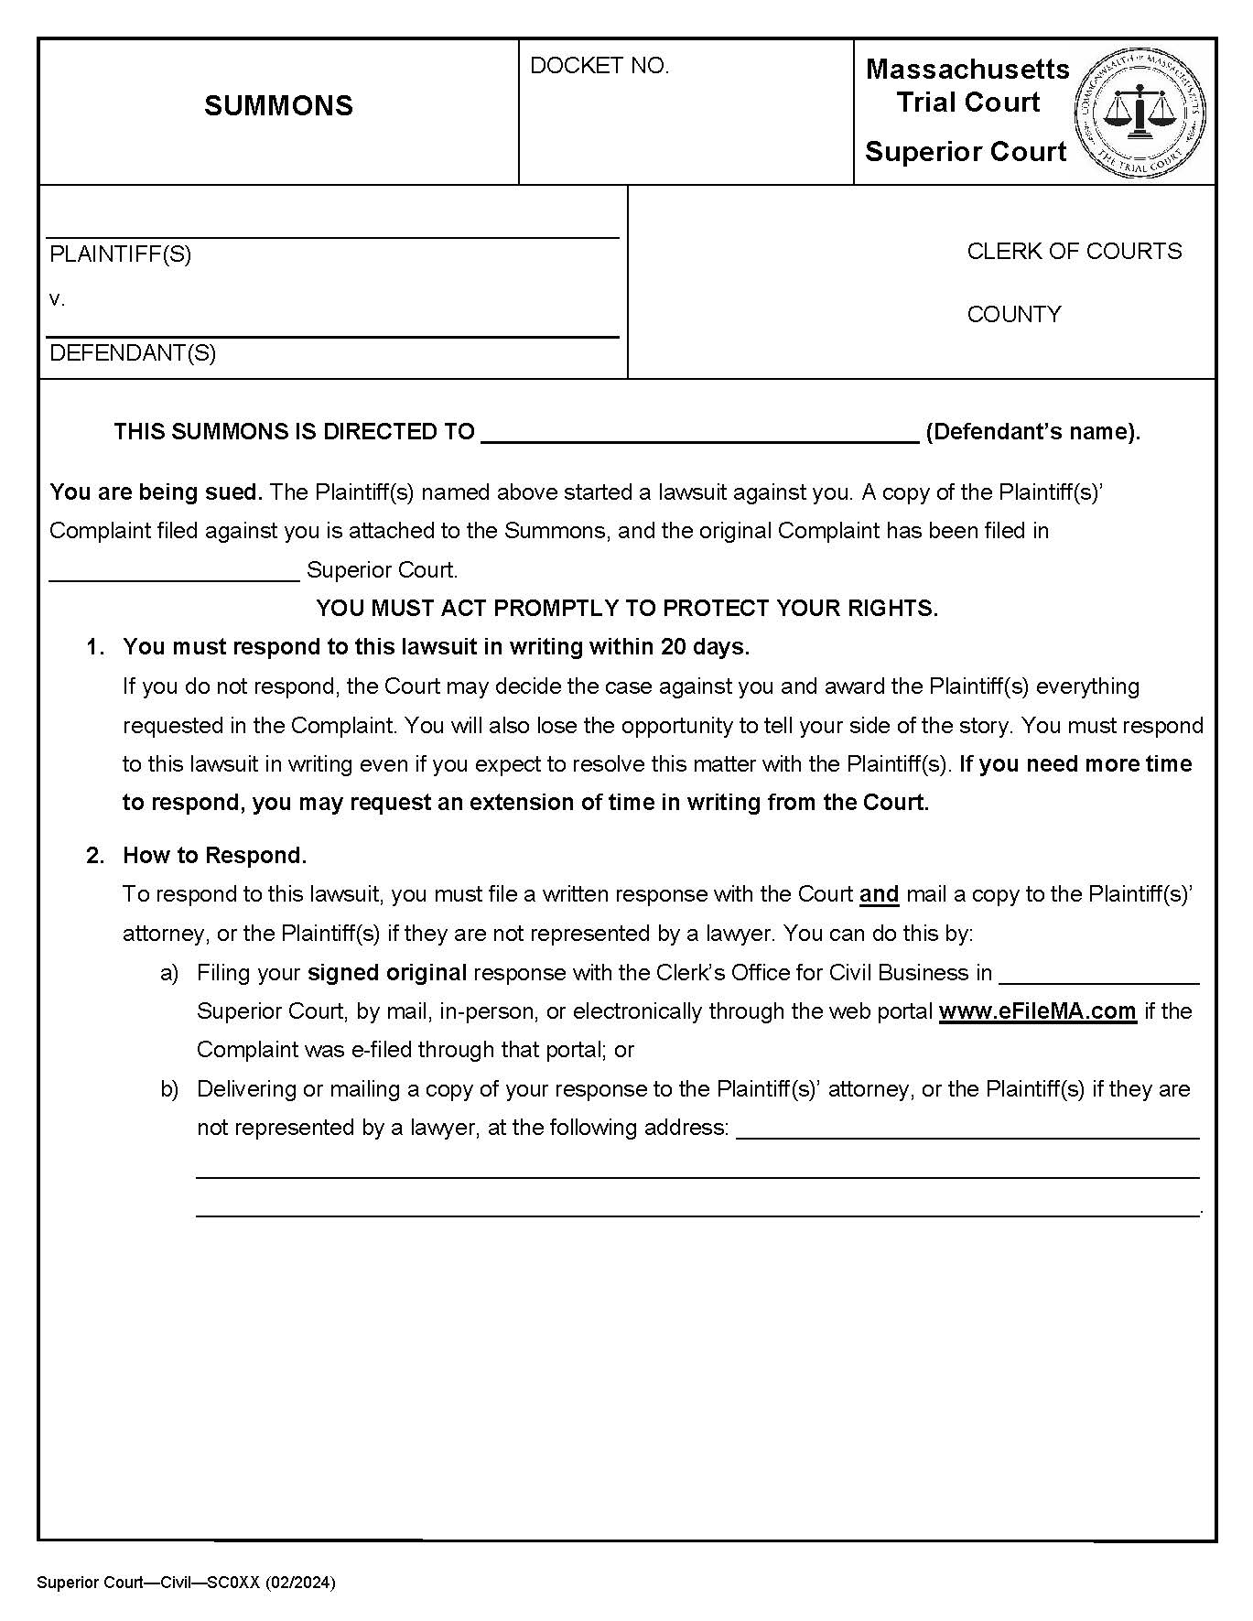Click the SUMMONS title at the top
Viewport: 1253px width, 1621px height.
(278, 106)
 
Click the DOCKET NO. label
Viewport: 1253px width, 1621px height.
(599, 66)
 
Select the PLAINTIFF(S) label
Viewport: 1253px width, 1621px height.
(120, 254)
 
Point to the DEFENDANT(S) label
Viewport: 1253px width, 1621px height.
(133, 353)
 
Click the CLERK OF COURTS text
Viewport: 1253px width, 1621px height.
(1074, 252)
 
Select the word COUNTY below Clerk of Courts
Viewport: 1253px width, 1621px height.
(1013, 315)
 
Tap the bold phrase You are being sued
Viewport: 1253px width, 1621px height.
(156, 492)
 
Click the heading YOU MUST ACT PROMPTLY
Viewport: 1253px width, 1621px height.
(627, 609)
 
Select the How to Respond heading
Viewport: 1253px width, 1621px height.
(214, 856)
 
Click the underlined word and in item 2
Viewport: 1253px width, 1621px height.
(879, 894)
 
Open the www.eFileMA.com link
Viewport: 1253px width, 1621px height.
(1037, 1011)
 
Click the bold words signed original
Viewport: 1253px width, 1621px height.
(386, 973)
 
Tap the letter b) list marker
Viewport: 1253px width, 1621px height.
(169, 1089)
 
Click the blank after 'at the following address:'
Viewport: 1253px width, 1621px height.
(967, 1129)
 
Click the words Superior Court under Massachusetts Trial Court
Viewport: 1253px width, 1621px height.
(966, 152)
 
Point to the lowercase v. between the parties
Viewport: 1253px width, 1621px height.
(57, 299)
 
